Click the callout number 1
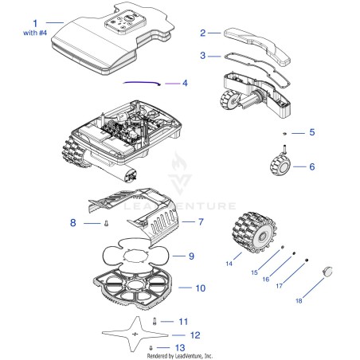point(35,23)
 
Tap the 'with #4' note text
point(35,33)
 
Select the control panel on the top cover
point(125,22)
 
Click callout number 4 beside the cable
point(185,83)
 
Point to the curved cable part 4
point(142,83)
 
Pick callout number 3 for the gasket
point(203,55)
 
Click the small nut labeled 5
point(284,133)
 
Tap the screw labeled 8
point(107,224)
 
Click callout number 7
point(201,221)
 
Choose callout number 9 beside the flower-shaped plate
point(191,256)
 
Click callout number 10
point(201,288)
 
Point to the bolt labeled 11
point(155,322)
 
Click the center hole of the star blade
point(135,334)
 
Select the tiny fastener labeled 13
point(151,347)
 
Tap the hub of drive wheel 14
point(263,236)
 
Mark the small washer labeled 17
point(307,260)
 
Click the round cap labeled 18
point(327,272)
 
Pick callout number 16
point(266,279)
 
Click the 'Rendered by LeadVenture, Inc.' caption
point(180,356)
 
